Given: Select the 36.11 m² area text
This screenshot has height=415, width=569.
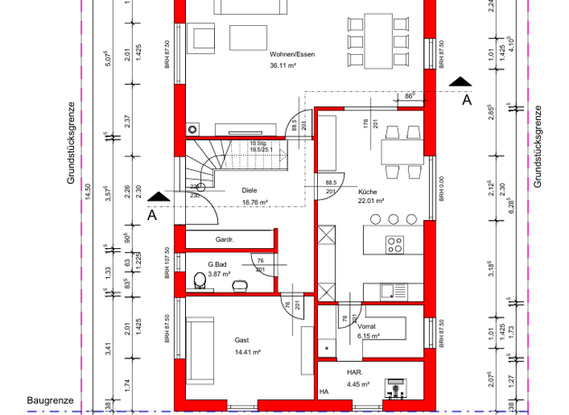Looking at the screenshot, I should pos(283,65).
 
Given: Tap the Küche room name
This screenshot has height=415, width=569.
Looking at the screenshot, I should pos(367,190).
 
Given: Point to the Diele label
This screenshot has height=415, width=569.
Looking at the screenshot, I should pos(250,190).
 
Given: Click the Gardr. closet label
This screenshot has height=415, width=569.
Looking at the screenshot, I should pos(224,240).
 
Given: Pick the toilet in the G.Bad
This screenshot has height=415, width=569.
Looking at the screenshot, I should pos(199,280).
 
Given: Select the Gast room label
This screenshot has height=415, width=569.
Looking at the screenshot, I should pos(242,339).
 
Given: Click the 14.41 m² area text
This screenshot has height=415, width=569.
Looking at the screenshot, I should pos(246,351).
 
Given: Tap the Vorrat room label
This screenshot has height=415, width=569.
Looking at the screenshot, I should pos(367,325).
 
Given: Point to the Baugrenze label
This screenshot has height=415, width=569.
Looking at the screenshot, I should pos(50,400).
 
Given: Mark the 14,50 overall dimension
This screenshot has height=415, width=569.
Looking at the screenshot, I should pos(87,191).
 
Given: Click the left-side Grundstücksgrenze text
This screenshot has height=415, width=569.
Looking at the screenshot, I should pos(71,143).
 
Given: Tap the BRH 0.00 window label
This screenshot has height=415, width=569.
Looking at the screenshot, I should pos(441,189).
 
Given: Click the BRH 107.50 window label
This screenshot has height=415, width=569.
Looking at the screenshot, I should pos(167,263).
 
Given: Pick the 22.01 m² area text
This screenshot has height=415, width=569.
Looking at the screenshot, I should pos(370,201).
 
